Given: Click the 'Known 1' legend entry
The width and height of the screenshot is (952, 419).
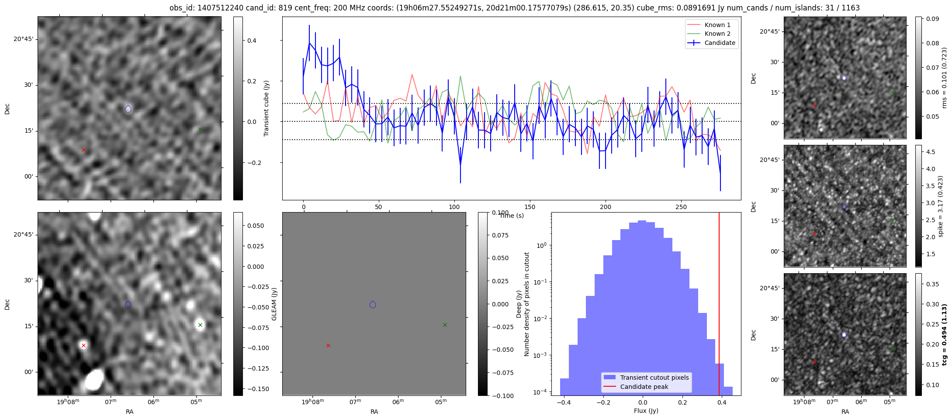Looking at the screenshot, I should pos(717,25).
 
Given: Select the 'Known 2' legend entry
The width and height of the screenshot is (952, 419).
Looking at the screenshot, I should pos(717,34).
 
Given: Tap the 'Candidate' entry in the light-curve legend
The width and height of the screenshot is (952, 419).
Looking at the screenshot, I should pos(720,43).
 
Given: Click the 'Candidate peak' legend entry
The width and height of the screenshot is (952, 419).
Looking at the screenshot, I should pos(644,387).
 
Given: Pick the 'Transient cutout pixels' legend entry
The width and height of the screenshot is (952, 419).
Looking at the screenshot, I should pos(654,378).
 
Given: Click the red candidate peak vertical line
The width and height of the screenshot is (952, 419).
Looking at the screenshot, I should pos(719,306).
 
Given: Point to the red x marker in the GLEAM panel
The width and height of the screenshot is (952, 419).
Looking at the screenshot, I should pos(328,345).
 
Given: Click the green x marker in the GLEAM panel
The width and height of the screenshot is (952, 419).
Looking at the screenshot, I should pos(445,325).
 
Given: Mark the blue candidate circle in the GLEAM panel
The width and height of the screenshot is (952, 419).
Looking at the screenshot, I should pos(373,305).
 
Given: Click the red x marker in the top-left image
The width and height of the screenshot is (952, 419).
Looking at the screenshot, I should pos(83,150).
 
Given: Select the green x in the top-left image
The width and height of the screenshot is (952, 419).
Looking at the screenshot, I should pos(200,129).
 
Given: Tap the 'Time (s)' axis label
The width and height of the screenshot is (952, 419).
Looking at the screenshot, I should pos(512,216).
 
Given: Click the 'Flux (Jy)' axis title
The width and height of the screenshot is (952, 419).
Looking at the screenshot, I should pos(646,411).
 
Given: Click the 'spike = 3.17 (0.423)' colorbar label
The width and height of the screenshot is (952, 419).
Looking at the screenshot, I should pos(941,206).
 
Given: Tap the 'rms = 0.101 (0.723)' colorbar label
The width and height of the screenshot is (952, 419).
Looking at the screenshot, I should pos(944,78).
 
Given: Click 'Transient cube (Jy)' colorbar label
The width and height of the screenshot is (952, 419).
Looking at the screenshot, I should pos(266,108).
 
